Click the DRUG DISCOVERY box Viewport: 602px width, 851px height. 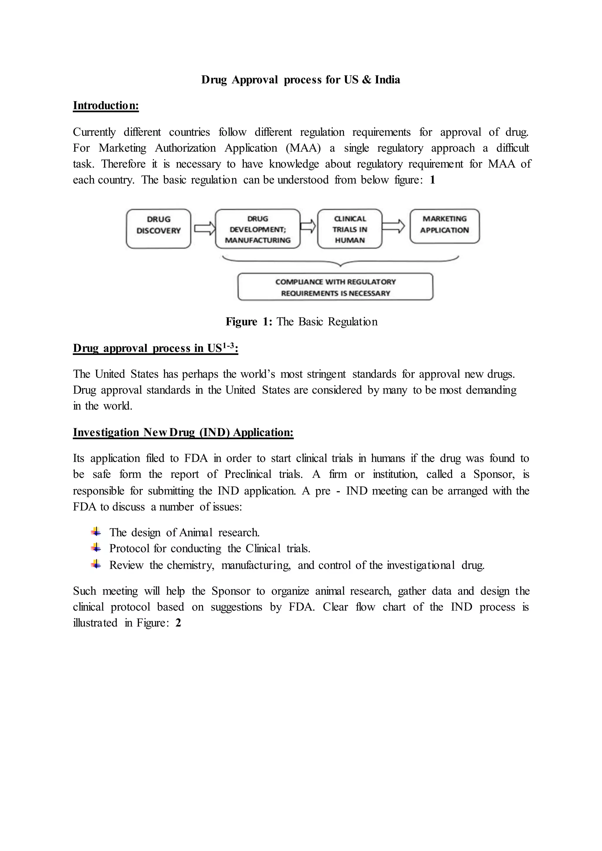pyautogui.click(x=158, y=228)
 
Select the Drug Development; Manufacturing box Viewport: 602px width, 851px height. pyautogui.click(x=257, y=229)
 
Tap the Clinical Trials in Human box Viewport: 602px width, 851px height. pyautogui.click(x=350, y=229)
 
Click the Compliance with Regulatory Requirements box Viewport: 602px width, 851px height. pyautogui.click(x=335, y=287)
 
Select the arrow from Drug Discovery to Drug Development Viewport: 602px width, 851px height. pyautogui.click(x=204, y=227)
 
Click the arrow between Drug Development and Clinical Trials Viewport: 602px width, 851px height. pyautogui.click(x=308, y=226)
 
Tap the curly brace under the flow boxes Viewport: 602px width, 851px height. pyautogui.click(x=340, y=262)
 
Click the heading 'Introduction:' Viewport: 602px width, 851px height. pyautogui.click(x=106, y=105)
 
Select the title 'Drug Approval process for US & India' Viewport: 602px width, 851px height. pyautogui.click(x=301, y=80)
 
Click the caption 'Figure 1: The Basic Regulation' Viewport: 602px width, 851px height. pyautogui.click(x=301, y=321)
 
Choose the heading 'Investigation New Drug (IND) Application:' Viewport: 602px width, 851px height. pyautogui.click(x=183, y=432)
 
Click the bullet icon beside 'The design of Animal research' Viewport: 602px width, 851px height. pyautogui.click(x=96, y=532)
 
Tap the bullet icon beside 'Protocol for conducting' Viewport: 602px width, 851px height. pyautogui.click(x=96, y=548)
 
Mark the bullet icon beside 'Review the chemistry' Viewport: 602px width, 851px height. pyautogui.click(x=96, y=564)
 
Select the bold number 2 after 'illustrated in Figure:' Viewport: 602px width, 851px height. pyautogui.click(x=178, y=623)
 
